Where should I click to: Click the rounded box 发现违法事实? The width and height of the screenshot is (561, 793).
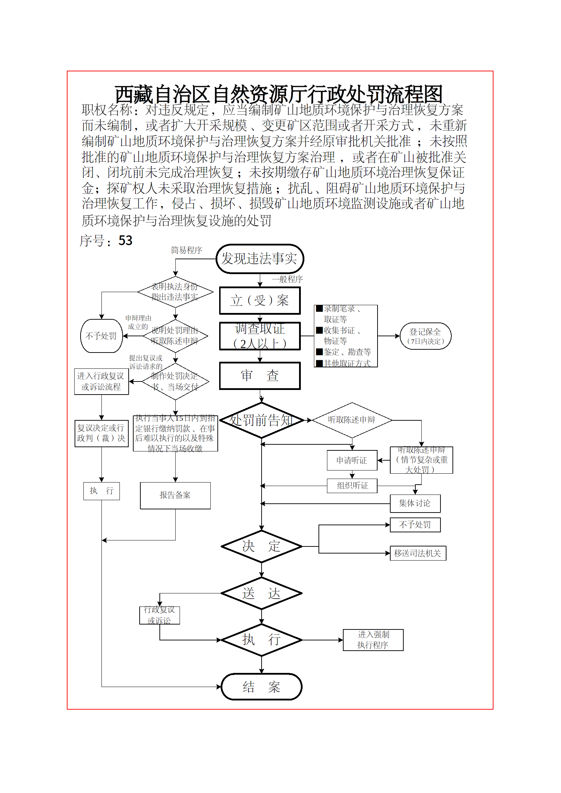click(x=260, y=259)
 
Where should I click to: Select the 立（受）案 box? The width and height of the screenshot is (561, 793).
click(x=260, y=301)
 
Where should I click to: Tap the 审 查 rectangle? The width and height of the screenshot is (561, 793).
click(x=260, y=375)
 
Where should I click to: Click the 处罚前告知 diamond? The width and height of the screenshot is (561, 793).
click(x=261, y=420)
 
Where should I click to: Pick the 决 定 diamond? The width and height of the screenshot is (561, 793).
click(x=261, y=546)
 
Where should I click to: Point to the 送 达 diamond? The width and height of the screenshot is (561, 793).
click(x=261, y=593)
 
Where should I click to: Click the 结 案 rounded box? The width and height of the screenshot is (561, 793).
click(x=261, y=687)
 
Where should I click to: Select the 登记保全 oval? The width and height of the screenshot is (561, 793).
click(x=425, y=336)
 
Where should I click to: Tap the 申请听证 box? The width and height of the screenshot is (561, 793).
click(x=352, y=460)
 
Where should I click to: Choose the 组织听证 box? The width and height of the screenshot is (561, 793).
click(x=352, y=486)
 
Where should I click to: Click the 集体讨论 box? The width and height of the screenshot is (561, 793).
click(x=415, y=503)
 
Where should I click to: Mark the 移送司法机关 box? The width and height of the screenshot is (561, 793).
click(x=417, y=553)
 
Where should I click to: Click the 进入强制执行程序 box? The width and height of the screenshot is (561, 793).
click(x=373, y=640)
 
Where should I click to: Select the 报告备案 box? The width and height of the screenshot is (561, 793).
click(x=175, y=495)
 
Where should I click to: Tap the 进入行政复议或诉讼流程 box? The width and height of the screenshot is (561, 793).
click(x=101, y=381)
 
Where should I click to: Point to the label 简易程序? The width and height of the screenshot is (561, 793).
click(x=186, y=250)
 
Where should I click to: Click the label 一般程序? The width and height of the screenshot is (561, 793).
click(x=287, y=279)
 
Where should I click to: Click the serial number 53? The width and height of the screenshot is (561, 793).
click(x=125, y=241)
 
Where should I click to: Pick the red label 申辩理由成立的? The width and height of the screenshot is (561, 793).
click(x=138, y=322)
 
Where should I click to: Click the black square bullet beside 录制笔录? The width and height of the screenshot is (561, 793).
click(x=319, y=308)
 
